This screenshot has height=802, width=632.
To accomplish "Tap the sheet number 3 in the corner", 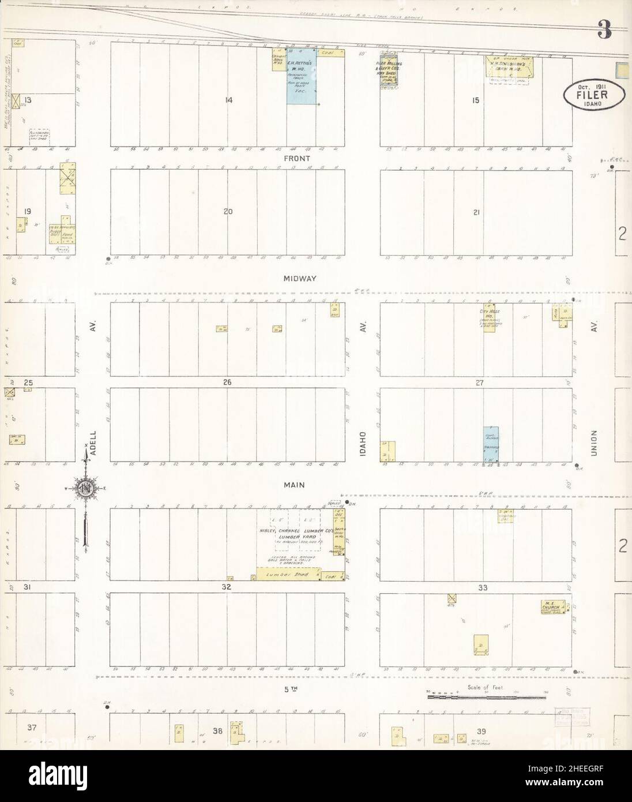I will [x=604, y=29].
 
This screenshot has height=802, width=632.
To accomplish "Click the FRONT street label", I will [x=296, y=158].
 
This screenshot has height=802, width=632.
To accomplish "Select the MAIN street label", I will [x=294, y=486].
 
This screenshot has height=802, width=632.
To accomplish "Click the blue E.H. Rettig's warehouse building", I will [x=301, y=81].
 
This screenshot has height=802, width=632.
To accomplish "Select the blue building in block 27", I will [x=491, y=444].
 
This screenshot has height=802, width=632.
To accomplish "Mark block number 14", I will [x=229, y=100].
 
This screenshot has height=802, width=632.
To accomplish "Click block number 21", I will [x=476, y=212].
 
